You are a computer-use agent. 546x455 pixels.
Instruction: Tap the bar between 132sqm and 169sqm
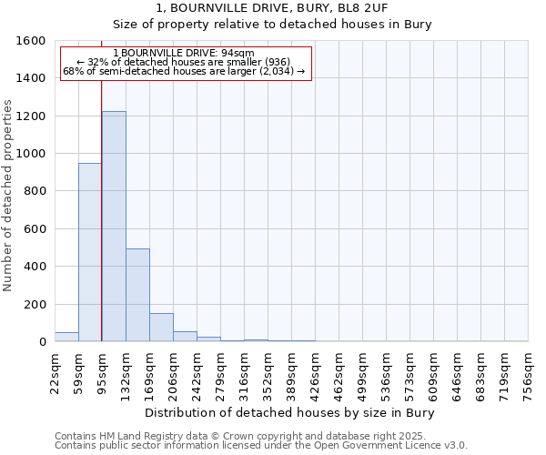(137, 295)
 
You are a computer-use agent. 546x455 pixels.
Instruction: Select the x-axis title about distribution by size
(290, 412)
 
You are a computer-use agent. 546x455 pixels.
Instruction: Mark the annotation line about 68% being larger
(184, 71)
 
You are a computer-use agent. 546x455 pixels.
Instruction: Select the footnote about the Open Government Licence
(261, 446)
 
